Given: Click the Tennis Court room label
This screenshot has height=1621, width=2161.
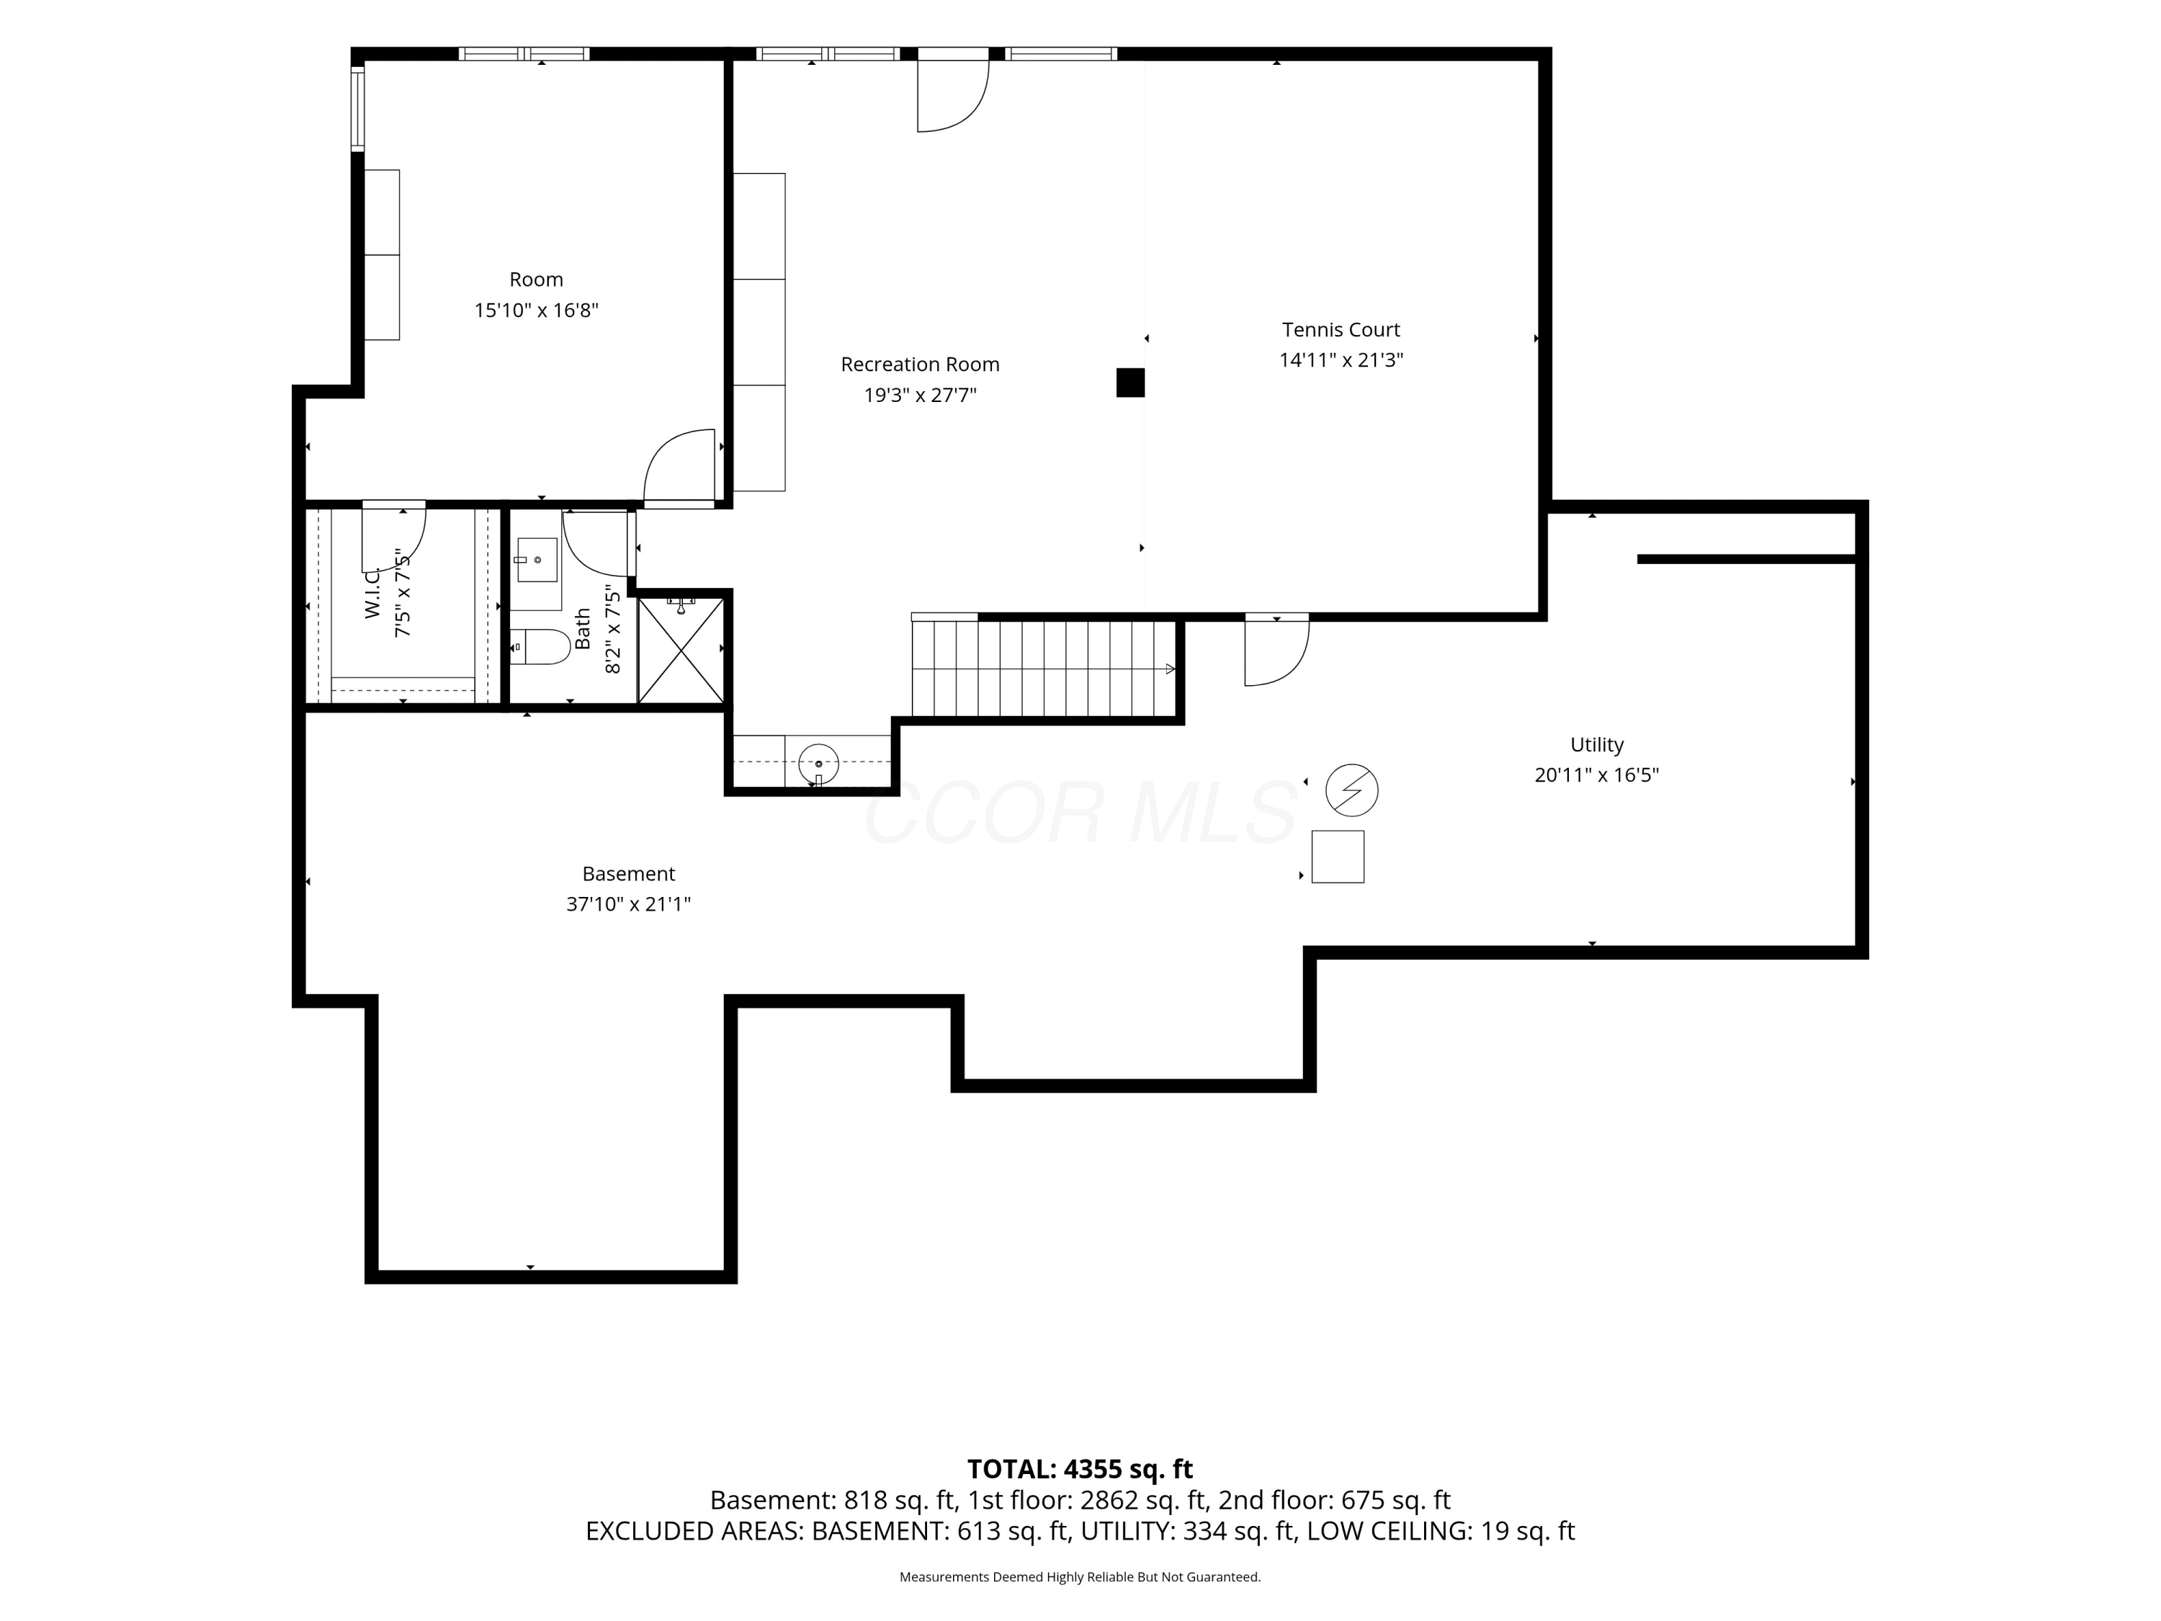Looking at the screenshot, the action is coord(1341,329).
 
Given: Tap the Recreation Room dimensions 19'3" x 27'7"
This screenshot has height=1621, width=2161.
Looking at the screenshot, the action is coord(921,395).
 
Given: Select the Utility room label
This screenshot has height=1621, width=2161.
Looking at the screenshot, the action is coord(1596,744).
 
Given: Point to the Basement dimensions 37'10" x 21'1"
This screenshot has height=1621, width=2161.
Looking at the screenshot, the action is coord(628,904).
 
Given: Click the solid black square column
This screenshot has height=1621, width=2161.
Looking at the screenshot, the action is coord(1130,382).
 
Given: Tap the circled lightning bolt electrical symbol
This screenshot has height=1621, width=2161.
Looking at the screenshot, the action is coord(1352,790).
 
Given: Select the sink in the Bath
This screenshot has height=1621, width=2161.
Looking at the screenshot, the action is coord(537,560).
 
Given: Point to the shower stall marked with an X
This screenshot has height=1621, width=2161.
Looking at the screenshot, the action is coord(681,650).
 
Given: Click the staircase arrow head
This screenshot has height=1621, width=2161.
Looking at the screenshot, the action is coord(1171,669).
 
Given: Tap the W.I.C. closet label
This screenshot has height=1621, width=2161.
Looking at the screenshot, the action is coord(372,592).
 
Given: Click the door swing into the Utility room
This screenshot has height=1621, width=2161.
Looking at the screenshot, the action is coord(1277,652).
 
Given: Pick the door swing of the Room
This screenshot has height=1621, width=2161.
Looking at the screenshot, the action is coord(680,468).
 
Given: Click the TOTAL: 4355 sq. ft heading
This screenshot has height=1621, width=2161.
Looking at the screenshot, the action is coord(1080,1468).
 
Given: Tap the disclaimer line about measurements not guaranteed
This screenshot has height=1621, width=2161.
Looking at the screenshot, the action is coord(1080,1576).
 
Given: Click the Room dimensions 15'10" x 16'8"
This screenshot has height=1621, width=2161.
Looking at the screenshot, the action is coord(537,310).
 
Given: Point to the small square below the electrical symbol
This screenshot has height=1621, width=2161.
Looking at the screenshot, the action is coord(1338,856).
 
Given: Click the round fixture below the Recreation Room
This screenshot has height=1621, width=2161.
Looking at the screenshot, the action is coord(819,763).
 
